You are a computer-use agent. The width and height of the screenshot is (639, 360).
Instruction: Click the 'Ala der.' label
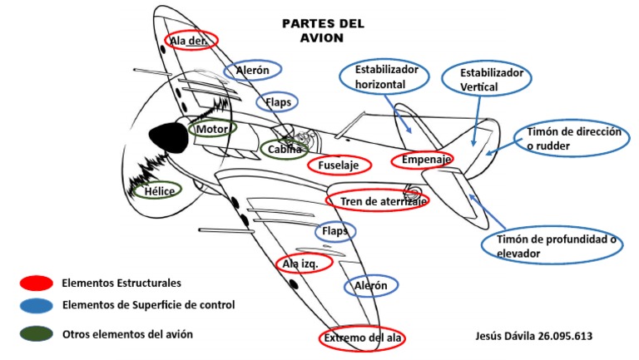click(x=192, y=41)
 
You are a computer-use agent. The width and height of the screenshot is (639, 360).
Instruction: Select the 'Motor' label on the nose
click(x=212, y=129)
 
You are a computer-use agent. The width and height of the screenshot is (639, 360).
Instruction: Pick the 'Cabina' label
click(x=285, y=150)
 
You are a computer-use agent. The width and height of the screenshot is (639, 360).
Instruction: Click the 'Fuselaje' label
click(x=339, y=165)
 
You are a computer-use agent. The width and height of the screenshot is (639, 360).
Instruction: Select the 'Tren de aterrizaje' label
click(x=379, y=200)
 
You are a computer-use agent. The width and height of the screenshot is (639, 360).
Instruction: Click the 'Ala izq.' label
click(x=303, y=263)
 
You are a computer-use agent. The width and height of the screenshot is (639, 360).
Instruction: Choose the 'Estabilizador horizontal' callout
click(x=384, y=77)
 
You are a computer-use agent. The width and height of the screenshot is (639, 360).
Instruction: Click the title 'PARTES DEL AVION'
click(x=324, y=31)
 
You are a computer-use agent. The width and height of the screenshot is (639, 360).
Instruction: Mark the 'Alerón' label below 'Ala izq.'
click(x=371, y=286)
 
